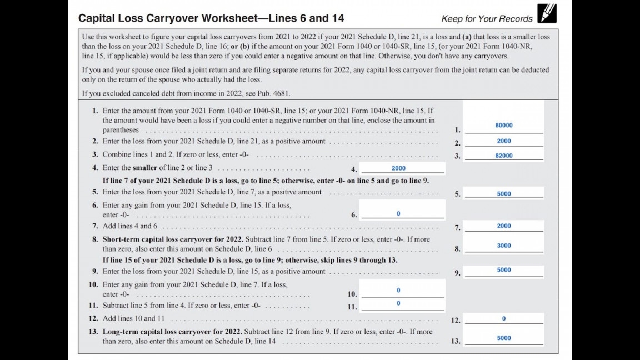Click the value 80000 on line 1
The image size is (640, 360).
(504, 126)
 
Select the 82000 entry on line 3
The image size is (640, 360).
(504, 156)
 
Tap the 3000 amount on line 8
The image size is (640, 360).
(504, 246)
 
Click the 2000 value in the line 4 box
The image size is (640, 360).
(398, 168)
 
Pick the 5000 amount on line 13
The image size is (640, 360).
(504, 338)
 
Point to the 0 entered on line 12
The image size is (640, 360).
(504, 319)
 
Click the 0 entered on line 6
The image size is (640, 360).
(398, 214)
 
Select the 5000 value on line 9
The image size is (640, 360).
(504, 270)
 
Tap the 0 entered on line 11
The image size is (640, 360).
(398, 303)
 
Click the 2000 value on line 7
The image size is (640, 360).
(504, 226)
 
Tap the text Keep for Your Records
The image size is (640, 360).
(487, 19)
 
